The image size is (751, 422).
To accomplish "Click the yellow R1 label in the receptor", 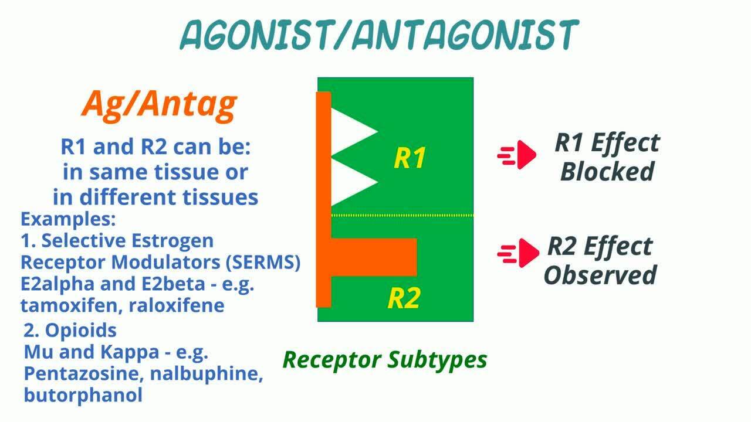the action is [x=410, y=158].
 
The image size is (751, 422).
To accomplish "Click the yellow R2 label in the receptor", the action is [x=404, y=298].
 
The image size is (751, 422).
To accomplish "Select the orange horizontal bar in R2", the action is [x=374, y=257].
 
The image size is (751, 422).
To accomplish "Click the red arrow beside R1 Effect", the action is [x=517, y=155].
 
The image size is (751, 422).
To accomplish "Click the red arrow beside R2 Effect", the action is [x=518, y=253].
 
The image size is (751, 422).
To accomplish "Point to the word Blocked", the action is [x=607, y=172].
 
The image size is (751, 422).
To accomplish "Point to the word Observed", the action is [x=600, y=275].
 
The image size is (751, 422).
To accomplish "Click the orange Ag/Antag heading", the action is [x=159, y=104].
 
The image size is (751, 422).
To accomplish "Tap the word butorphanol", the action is [x=83, y=394].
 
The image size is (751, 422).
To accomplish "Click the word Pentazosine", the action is [x=84, y=373].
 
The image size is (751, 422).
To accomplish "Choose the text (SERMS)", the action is [x=263, y=262].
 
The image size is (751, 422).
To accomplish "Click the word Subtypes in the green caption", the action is [x=437, y=360].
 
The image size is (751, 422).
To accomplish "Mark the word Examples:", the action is [x=68, y=219].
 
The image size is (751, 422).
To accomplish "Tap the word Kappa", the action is [x=130, y=352].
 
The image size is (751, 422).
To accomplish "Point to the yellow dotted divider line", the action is [x=402, y=215].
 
